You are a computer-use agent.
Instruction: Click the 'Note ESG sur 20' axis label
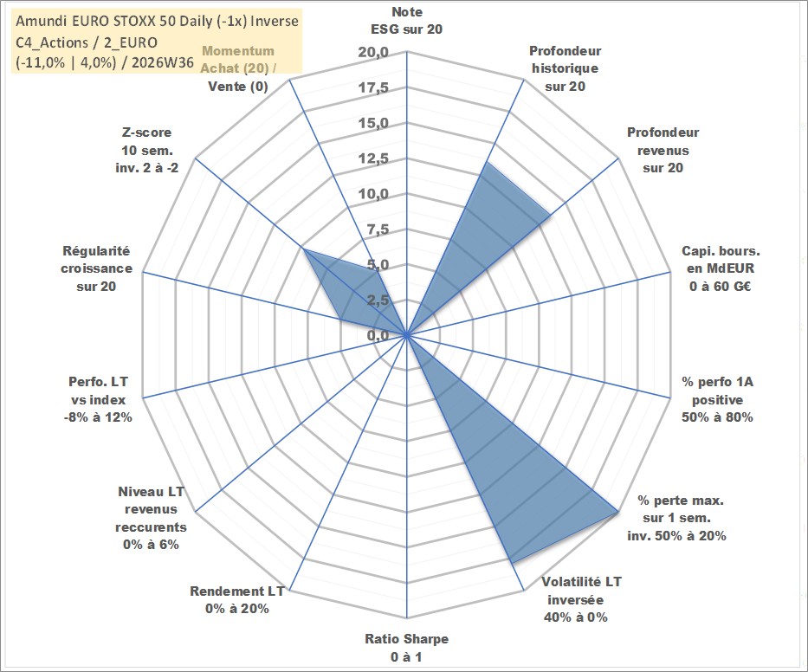[x=406, y=21]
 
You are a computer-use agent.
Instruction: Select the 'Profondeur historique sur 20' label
[x=565, y=68]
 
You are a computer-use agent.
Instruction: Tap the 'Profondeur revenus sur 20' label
[x=663, y=150]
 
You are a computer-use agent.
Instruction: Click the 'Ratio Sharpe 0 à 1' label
[x=406, y=648]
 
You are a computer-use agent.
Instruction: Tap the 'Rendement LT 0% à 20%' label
[x=237, y=600]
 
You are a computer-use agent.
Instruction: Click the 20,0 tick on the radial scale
[x=373, y=53]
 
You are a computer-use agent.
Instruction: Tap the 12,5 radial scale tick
[x=373, y=158]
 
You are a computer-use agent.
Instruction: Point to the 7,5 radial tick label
[x=378, y=229]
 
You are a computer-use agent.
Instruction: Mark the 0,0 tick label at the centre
[x=378, y=335]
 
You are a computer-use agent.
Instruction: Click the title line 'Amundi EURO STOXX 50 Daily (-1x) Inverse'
[x=157, y=21]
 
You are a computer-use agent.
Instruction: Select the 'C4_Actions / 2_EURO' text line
[x=87, y=42]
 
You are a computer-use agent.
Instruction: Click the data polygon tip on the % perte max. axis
[x=617, y=511]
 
